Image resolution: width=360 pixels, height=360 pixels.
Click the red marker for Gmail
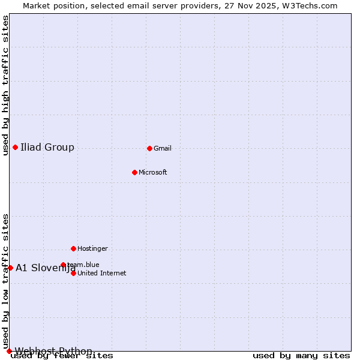[x=149, y=148]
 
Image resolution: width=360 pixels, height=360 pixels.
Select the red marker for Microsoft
[x=135, y=172]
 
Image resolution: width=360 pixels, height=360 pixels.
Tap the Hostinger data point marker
[x=73, y=248]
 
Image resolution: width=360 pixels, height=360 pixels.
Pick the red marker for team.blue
[x=63, y=265]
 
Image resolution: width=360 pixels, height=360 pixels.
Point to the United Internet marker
[x=73, y=273]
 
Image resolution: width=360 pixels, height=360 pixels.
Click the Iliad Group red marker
[x=15, y=147]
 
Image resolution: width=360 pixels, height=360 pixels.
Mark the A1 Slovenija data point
[x=10, y=268]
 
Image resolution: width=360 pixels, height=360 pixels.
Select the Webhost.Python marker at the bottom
[x=9, y=351]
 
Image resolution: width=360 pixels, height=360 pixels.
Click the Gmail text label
[x=163, y=149]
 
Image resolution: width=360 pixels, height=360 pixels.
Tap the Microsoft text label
[x=153, y=173]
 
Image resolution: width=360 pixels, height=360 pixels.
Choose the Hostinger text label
[x=92, y=248]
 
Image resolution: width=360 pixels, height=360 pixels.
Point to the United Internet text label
[x=102, y=273]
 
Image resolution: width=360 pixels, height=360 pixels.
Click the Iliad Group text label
[x=47, y=148]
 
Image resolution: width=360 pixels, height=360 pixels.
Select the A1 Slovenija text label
[x=46, y=268]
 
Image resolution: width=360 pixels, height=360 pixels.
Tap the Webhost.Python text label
[x=53, y=351]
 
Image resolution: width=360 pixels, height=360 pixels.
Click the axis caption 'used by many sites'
[x=301, y=356]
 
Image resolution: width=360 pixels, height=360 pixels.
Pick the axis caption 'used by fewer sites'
[x=62, y=356]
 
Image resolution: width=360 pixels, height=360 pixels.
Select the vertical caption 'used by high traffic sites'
[x=6, y=85]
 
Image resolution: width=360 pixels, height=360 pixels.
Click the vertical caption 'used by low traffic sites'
[x=6, y=281]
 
